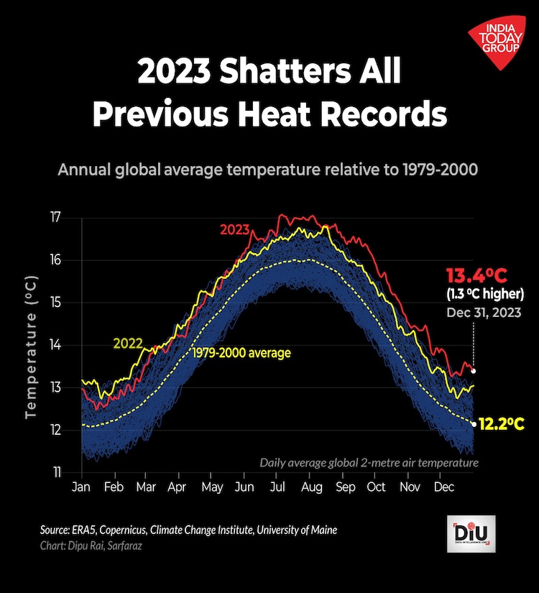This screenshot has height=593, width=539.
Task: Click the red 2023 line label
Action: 234,230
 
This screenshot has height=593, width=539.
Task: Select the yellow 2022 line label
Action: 128,343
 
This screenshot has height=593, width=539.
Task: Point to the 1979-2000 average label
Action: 241,353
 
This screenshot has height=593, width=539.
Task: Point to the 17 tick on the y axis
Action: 56,217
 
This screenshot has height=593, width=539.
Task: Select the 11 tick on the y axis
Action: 56,472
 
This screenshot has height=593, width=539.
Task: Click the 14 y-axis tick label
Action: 56,345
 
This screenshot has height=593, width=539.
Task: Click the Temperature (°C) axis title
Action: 31,346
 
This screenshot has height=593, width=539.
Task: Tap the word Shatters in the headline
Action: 273,73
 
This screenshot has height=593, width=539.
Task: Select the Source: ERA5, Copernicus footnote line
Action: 188,530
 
